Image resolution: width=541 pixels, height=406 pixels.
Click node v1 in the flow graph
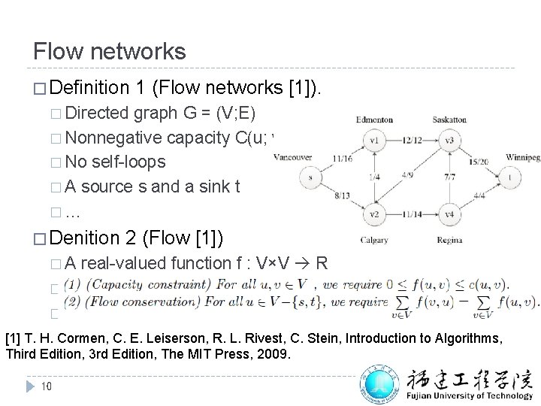(x=371, y=141)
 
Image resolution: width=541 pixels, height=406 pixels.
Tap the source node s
(x=307, y=178)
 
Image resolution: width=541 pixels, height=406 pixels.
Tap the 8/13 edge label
(x=340, y=196)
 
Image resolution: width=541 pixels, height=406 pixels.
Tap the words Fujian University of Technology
(x=471, y=392)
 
